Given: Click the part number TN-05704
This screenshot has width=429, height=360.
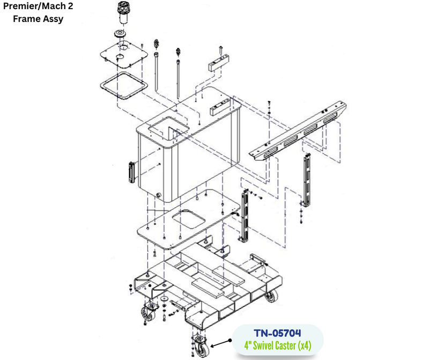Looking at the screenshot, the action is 277,333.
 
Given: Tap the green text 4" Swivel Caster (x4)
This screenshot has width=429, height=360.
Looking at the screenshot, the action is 278,346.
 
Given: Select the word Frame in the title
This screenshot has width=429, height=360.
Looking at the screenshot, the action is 25,19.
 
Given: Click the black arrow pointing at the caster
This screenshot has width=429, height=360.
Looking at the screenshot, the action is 221,343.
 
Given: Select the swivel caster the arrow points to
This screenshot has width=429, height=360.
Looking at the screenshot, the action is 199,346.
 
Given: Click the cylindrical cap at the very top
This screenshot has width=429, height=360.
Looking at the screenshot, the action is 123,13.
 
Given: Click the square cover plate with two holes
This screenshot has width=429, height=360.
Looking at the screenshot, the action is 124,55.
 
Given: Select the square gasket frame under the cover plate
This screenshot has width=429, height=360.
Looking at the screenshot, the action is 124,85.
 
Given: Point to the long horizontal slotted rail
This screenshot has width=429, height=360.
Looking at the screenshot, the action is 298,131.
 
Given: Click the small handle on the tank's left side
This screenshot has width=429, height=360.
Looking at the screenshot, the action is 131,172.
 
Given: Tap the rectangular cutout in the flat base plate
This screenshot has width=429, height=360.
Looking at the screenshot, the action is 189,219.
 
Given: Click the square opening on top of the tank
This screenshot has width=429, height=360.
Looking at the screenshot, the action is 168,128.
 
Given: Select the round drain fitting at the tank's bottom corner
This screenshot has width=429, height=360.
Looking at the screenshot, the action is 158,195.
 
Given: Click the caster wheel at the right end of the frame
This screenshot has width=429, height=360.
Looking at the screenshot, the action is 272,296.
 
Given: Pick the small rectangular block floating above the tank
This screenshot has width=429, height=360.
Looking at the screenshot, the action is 219,63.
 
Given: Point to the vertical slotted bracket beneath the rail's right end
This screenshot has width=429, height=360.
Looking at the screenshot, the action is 307,181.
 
